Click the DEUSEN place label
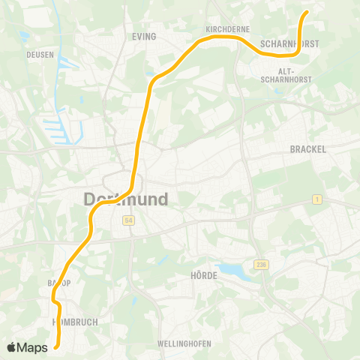pos(38,55)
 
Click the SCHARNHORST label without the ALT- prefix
pos(289,44)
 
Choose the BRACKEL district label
pos(307,149)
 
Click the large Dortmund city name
pos(125,199)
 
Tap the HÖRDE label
pos(204,276)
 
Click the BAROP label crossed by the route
pos(59,283)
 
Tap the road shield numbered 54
pos(128,220)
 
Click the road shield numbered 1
pos(317,199)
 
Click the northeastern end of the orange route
pos(307,12)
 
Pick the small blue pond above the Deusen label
pos(25,35)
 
